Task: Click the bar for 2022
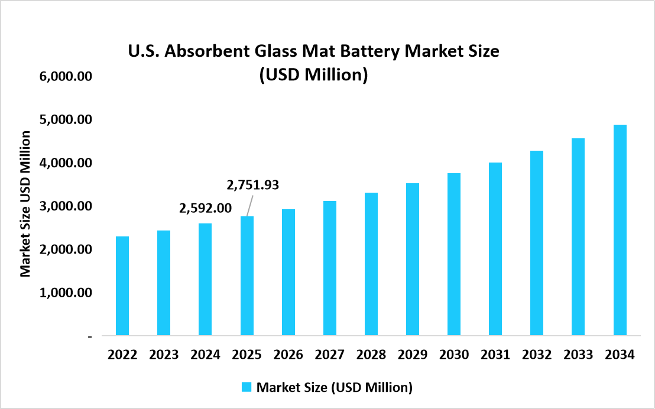point(122,286)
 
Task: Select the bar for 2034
point(620,231)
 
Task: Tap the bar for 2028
point(371,264)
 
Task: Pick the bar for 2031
point(495,249)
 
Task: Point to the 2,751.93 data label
point(252,185)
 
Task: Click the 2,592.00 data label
point(205,208)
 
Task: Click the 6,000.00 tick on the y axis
point(66,77)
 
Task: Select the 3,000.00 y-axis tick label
point(66,206)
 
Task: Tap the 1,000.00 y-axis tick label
point(66,293)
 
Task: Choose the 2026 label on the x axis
point(288,355)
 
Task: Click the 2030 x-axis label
point(454,355)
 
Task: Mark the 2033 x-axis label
point(578,355)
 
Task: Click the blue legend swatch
point(247,387)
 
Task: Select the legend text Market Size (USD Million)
point(334,387)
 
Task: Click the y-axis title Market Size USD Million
point(25,204)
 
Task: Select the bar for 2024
point(205,280)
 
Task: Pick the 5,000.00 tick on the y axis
point(66,120)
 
